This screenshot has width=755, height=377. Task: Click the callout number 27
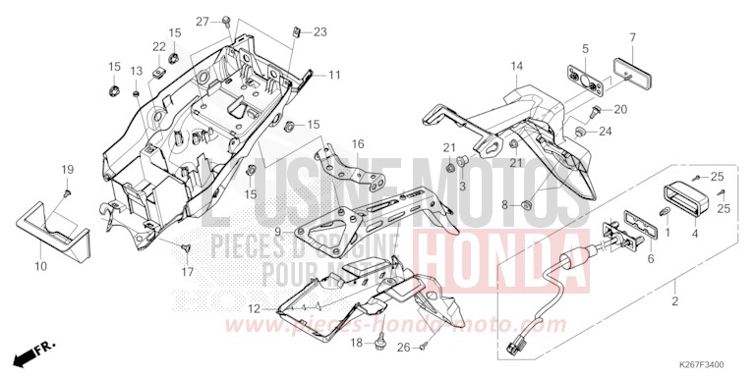point(203,22)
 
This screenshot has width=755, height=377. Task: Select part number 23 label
point(319,32)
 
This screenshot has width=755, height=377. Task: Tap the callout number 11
point(334,75)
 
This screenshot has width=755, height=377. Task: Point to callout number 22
point(158,46)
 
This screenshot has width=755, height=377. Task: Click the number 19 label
point(68,171)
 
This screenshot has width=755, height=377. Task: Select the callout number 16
point(358,144)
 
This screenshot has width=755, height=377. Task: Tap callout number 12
point(255,308)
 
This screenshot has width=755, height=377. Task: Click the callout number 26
point(403,347)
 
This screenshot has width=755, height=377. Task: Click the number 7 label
point(632,37)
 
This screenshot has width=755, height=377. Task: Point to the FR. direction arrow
point(35,350)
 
